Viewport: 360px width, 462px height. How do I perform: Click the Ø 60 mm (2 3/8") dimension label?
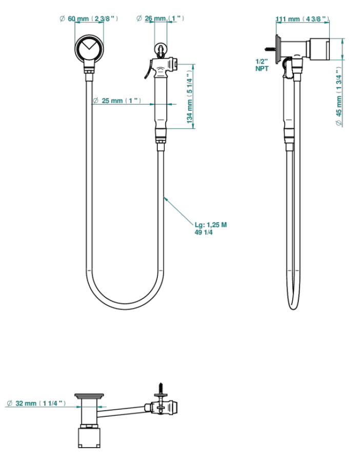89,18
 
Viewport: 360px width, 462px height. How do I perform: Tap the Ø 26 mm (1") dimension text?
161,18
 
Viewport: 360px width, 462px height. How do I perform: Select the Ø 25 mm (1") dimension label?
117,101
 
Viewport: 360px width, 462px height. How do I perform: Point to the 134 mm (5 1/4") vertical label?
190,97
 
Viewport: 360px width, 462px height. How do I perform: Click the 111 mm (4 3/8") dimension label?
303,19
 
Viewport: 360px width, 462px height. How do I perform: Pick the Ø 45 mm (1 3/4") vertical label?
339,97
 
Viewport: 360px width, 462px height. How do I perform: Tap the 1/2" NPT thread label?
262,65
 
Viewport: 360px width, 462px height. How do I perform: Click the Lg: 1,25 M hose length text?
211,225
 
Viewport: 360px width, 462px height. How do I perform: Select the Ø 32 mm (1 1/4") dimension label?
36,403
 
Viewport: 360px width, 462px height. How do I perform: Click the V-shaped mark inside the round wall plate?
89,45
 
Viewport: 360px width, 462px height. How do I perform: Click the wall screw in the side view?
270,48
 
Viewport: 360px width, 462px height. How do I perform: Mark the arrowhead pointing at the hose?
166,200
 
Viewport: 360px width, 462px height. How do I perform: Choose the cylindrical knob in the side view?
319,49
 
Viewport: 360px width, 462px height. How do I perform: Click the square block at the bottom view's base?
89,437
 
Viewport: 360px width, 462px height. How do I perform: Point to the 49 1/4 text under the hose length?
204,233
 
